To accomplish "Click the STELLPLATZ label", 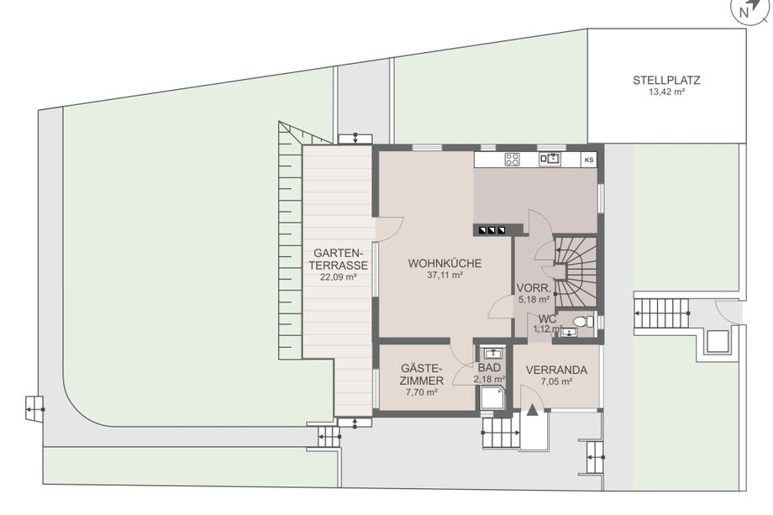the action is (x=666, y=81).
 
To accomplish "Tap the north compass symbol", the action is (x=749, y=10).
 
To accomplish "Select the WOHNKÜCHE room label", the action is (x=444, y=263).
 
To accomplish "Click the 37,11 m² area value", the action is (x=444, y=276).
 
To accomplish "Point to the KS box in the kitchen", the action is (x=589, y=160).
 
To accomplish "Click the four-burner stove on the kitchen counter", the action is (x=513, y=159).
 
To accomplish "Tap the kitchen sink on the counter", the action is (x=550, y=159).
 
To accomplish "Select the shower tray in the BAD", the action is (x=493, y=397).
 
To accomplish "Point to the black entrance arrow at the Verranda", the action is (x=533, y=410).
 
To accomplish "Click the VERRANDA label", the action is (x=556, y=370).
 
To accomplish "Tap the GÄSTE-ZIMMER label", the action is (x=422, y=375).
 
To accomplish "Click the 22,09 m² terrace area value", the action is (x=338, y=277).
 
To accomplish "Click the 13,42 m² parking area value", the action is (x=666, y=92).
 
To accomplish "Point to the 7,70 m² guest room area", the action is (x=422, y=393).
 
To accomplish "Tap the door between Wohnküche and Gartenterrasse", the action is (x=390, y=229).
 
